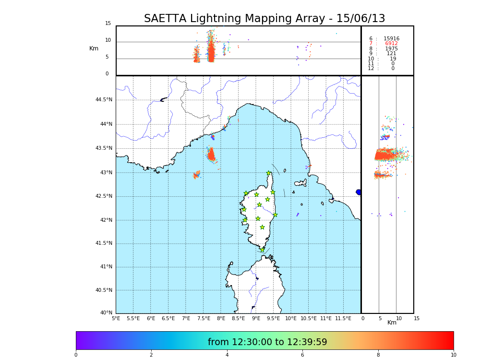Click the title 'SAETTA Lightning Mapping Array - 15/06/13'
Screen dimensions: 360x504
click(x=264, y=19)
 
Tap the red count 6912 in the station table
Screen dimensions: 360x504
click(x=391, y=44)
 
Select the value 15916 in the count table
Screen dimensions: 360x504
click(x=391, y=38)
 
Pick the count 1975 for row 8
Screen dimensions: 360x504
click(x=391, y=48)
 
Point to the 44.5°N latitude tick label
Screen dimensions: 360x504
click(x=104, y=100)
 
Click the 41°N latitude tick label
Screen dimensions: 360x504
click(x=106, y=267)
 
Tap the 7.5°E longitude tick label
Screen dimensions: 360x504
click(x=204, y=318)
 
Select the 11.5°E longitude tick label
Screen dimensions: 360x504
click(x=343, y=318)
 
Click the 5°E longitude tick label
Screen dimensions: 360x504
click(x=116, y=318)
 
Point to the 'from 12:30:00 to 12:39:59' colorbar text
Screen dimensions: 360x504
click(x=267, y=342)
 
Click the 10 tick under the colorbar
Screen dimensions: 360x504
click(x=453, y=355)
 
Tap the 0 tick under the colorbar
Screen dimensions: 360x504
click(x=76, y=355)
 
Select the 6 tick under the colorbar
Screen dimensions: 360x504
click(x=302, y=355)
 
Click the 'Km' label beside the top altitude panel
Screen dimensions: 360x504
click(x=94, y=48)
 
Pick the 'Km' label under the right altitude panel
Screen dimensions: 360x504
click(x=392, y=323)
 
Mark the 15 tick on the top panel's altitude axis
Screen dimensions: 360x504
click(x=108, y=24)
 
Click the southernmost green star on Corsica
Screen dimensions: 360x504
click(x=262, y=250)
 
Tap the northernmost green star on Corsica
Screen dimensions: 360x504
click(x=269, y=173)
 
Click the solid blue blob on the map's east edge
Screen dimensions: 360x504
click(x=359, y=192)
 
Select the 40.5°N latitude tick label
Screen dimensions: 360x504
click(x=104, y=290)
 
